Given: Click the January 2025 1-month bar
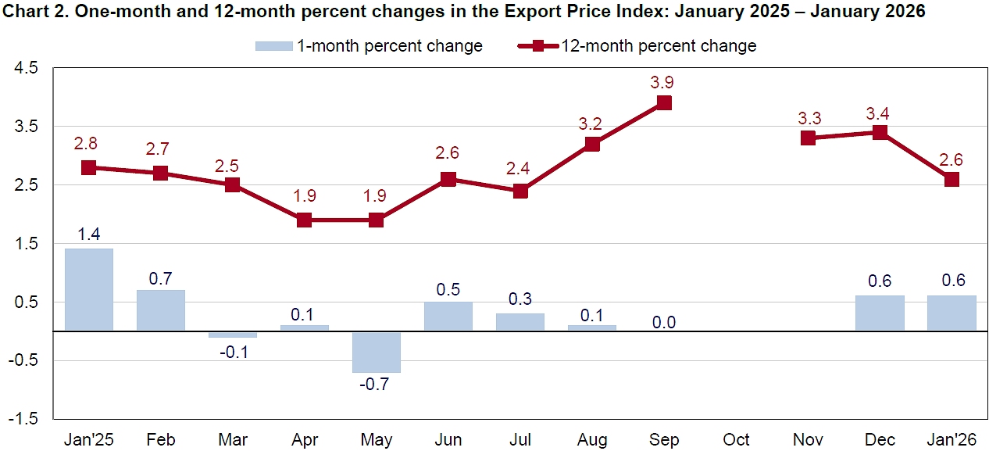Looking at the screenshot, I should pos(88,289).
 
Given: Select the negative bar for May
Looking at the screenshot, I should pos(376,352).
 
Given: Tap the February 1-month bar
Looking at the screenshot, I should pos(160,310).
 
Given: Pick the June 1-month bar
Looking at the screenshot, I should pos(448,316).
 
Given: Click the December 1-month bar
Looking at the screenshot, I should pos(880,313).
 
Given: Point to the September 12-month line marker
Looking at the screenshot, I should pos(664,103).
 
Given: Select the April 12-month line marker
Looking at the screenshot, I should pos(304,220).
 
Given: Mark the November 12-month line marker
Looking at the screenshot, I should pos(808,138).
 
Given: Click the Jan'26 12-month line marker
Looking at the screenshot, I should pos(952,179).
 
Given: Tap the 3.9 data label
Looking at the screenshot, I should pos(664,82).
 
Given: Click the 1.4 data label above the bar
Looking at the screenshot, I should pos(88,233).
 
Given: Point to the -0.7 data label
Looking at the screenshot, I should pos(376,385).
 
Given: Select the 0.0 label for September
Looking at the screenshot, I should pos(664,322).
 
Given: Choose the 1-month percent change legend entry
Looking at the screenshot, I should pos(369,46).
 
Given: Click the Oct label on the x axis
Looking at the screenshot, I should pos(736,439).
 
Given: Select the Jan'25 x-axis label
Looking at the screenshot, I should pos(88,439).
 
